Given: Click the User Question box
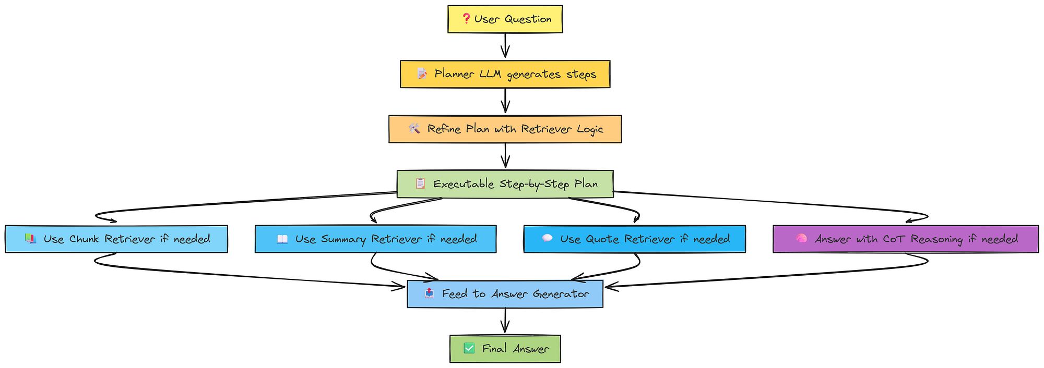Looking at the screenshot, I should tap(505, 19).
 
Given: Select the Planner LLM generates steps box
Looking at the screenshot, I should tap(505, 74).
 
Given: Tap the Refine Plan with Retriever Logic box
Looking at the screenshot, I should tap(505, 129).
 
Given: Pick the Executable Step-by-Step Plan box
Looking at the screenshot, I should tap(505, 184).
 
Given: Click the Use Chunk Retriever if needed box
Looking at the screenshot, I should tap(116, 239).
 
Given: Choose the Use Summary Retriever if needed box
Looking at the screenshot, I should tap(375, 239).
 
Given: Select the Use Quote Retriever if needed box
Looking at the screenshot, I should tap(634, 239).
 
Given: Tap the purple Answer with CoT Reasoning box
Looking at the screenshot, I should tap(905, 239).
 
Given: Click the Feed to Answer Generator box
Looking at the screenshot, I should tap(505, 294).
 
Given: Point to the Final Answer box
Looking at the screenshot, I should tap(505, 349).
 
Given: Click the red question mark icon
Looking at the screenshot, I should tap(466, 19).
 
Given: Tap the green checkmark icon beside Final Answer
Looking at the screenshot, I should tap(469, 348).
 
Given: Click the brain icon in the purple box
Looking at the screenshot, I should tap(801, 239).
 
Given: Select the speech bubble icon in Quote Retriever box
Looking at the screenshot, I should tap(547, 239).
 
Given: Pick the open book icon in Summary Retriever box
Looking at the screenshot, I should tap(282, 239).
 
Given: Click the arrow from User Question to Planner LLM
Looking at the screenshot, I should tap(505, 46).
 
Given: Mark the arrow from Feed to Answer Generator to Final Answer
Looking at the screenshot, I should tap(505, 321).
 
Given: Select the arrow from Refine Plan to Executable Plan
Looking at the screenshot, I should tap(505, 156).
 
